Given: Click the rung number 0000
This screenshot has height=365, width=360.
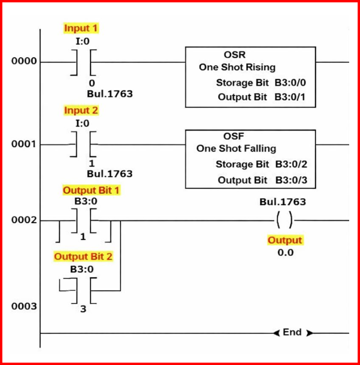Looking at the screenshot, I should (x=23, y=62).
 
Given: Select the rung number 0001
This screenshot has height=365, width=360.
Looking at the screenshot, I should (x=23, y=144).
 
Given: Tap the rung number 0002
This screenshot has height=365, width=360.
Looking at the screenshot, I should (x=23, y=220).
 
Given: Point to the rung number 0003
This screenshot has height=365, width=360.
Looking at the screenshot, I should (x=23, y=306).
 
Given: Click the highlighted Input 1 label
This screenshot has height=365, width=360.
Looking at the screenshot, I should (x=81, y=28).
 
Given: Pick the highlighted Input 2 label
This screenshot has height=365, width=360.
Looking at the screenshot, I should (x=81, y=111).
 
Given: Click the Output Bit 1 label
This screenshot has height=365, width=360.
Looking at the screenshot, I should (x=91, y=190).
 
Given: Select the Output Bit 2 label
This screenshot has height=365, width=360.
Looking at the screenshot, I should (x=83, y=257).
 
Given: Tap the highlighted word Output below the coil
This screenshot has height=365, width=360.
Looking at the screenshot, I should (x=285, y=240).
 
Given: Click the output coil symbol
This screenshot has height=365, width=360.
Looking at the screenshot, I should (x=285, y=220).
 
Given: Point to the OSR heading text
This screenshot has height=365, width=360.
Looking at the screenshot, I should (x=235, y=55).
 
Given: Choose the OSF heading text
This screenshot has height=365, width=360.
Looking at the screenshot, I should (x=234, y=136).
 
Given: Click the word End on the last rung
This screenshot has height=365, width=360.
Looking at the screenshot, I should (x=292, y=332).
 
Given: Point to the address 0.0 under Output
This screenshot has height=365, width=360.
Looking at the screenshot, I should (x=285, y=252).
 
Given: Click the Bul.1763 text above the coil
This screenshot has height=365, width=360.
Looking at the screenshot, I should (x=282, y=202).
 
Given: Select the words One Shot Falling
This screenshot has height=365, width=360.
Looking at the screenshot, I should (x=236, y=148).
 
